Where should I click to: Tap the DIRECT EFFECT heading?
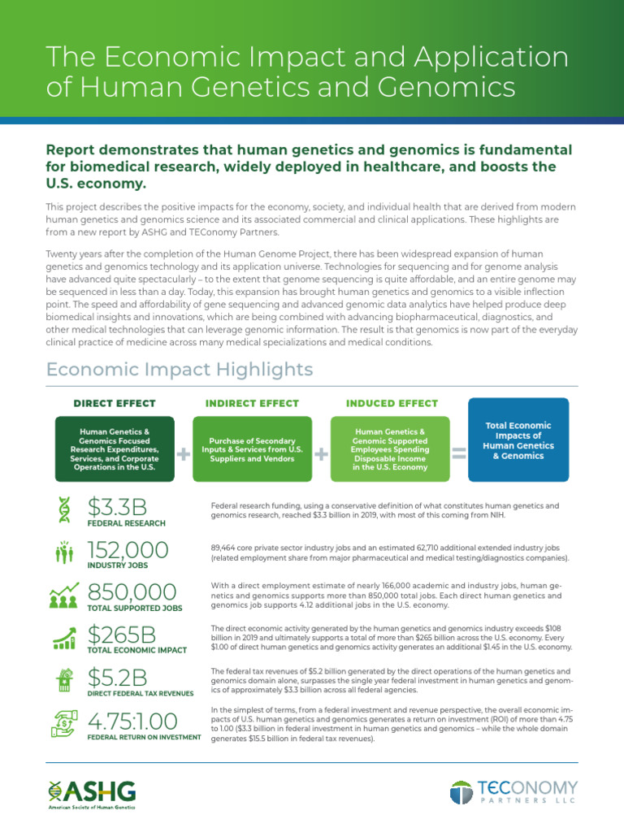(x=114, y=403)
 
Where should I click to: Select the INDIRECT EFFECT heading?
(x=252, y=403)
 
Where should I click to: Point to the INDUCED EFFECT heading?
(x=392, y=403)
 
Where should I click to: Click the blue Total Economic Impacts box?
(x=518, y=440)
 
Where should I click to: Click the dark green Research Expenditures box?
(x=114, y=449)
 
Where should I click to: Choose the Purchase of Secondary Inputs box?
(x=252, y=449)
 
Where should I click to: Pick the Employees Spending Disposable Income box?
(x=390, y=449)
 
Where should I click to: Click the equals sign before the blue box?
(x=459, y=455)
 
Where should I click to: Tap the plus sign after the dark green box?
(x=184, y=455)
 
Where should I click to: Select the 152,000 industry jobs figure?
(x=128, y=551)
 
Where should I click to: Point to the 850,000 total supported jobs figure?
(x=131, y=593)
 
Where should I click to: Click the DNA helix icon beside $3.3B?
(x=64, y=510)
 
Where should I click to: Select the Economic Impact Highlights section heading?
(x=180, y=370)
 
